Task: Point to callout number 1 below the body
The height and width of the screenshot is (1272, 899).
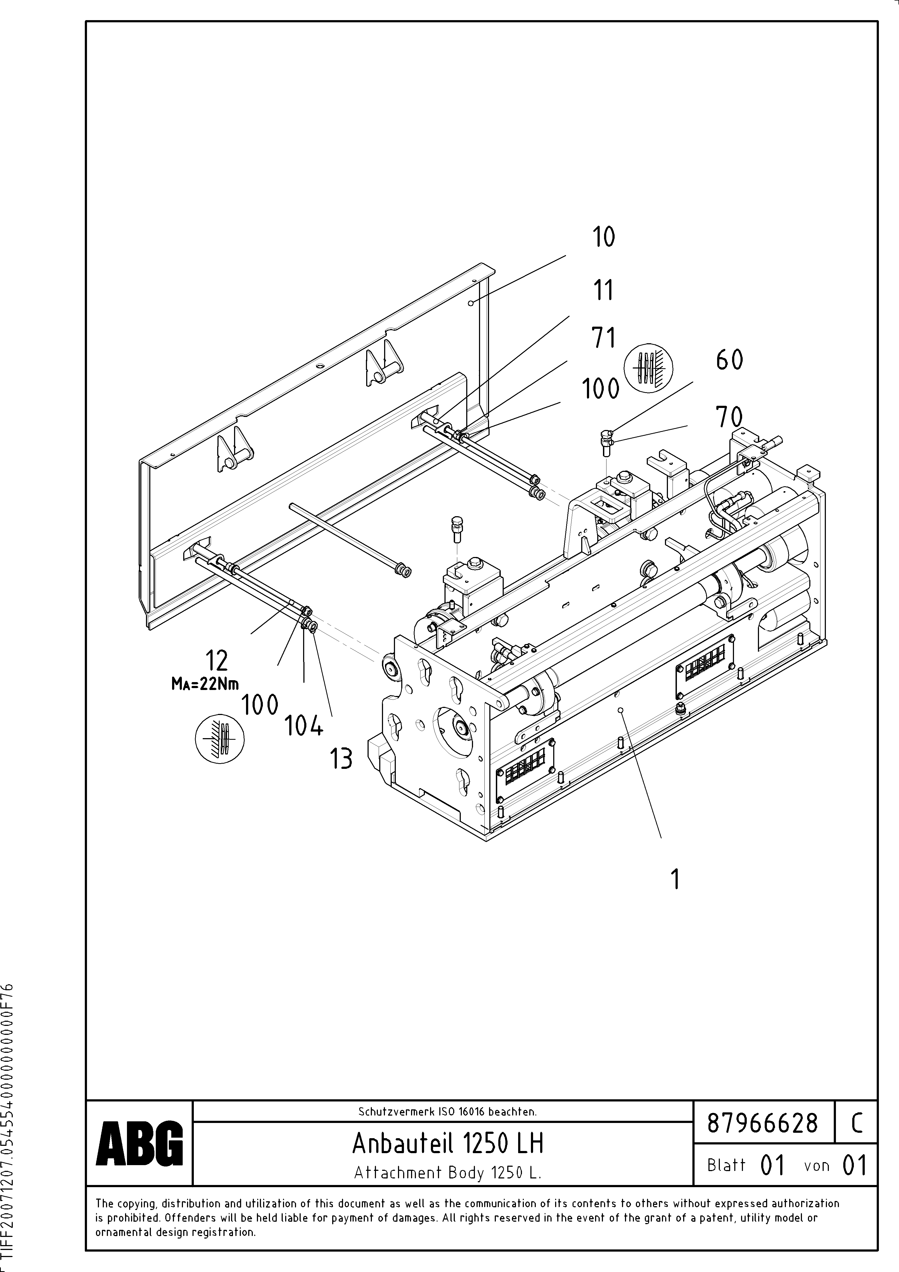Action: [x=675, y=880]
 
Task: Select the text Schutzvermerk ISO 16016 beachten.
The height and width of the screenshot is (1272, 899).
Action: [x=447, y=1111]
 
